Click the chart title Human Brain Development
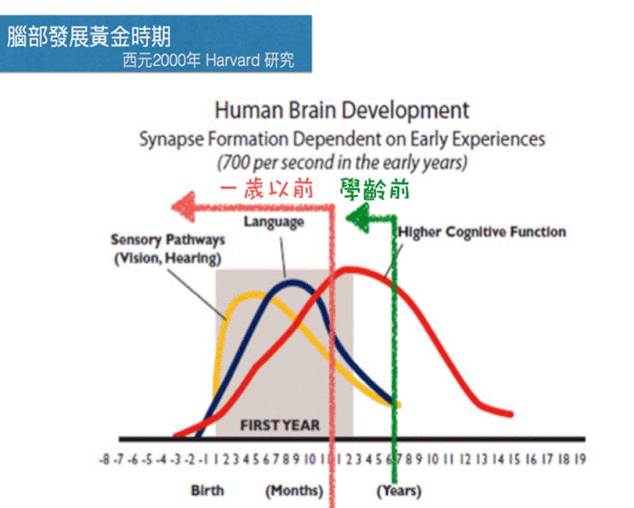point(341,111)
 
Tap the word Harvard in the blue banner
point(232,61)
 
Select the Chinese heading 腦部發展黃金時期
point(89,36)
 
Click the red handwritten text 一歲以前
point(267,189)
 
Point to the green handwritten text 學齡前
point(374,189)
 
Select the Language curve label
point(274,222)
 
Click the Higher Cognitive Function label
point(482,232)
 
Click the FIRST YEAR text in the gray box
point(280,425)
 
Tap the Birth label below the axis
point(208,491)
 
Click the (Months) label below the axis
point(294,491)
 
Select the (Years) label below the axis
point(399,491)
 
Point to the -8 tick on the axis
point(105,459)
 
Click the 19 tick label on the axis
point(580,459)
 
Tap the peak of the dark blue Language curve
point(293,282)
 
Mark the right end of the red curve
point(511,414)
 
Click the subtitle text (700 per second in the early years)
point(342,163)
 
